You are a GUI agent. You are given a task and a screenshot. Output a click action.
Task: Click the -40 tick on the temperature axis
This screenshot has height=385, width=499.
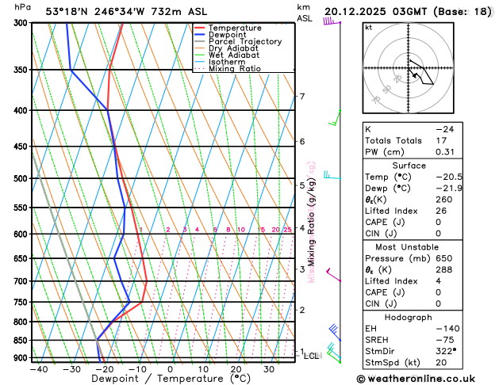pos(38,368)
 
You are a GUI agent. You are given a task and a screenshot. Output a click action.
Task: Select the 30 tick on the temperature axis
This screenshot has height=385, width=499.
pos(269,368)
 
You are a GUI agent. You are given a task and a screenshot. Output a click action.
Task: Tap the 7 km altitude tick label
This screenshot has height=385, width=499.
pos(301,97)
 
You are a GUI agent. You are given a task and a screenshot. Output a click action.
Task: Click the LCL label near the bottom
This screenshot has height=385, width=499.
pos(311,356)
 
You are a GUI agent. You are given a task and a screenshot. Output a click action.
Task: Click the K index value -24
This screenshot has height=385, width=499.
pos(445,128)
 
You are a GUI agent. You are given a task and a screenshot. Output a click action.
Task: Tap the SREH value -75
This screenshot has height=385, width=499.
pos(445,339)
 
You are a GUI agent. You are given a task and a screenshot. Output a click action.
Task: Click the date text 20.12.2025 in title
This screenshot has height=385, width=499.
pos(362,12)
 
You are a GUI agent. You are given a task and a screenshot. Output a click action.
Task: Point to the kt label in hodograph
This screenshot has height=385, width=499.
pos(368,28)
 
